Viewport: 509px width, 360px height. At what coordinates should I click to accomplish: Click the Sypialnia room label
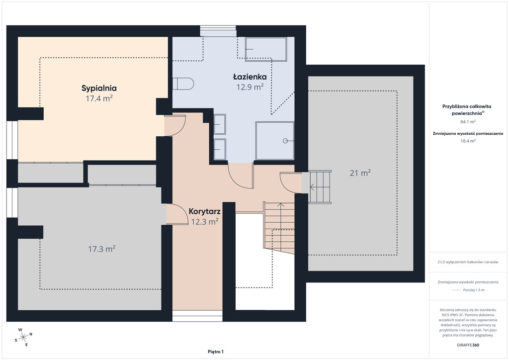point(99,89)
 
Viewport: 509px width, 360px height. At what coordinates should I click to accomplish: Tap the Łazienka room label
point(250,77)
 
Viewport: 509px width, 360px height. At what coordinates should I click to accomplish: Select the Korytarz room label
point(204,212)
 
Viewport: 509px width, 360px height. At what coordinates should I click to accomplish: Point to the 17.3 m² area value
point(101,249)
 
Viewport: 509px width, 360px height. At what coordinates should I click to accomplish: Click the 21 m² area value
point(360,173)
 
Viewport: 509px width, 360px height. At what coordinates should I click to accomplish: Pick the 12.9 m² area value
point(250,87)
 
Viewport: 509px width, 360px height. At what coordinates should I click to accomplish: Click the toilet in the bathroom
point(183,84)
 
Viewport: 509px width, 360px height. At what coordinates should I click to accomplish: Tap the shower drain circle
point(285,141)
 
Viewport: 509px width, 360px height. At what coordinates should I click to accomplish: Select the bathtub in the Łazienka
point(266,49)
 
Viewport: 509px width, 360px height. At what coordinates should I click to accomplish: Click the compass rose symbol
point(23,338)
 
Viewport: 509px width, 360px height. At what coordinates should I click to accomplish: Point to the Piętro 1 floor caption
point(216,352)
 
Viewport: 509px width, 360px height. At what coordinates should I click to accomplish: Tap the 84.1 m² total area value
point(468,122)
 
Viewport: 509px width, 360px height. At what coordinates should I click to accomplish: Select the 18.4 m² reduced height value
point(468,141)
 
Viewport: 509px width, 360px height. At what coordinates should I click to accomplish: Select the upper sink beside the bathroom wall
point(220,124)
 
